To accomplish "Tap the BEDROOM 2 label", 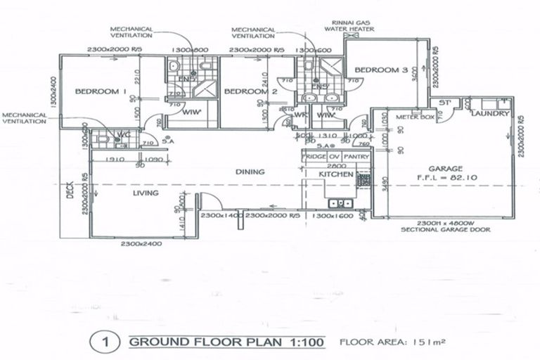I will tap(251, 92).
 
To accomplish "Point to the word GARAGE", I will tap(445, 169).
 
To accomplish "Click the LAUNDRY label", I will tap(487, 113).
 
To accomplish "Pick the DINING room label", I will tap(250, 171).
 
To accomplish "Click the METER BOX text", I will tap(413, 117).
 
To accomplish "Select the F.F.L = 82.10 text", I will tap(446, 179).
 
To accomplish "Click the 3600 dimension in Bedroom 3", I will tap(415, 74).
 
